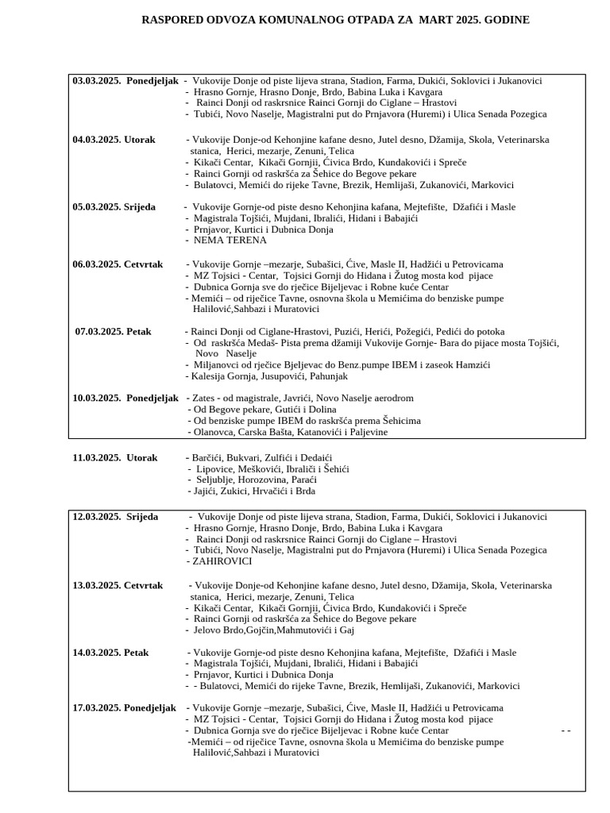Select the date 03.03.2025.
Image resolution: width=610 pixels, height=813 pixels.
[96, 81]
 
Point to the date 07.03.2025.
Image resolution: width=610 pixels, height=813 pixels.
[99, 331]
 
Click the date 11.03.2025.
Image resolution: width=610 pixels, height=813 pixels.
[96, 458]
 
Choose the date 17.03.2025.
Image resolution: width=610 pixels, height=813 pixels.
[96, 707]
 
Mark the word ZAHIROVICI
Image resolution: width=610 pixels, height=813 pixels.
[222, 561]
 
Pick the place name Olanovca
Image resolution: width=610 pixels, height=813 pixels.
[214, 432]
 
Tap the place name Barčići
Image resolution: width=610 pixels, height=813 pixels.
[207, 458]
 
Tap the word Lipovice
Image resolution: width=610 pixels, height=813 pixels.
[214, 469]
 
